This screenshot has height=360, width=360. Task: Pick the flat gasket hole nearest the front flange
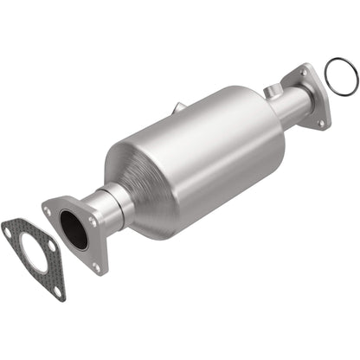click(50, 246)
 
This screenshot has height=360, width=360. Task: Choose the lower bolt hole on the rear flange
click(319, 124)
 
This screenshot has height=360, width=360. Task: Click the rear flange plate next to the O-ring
click(314, 100)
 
